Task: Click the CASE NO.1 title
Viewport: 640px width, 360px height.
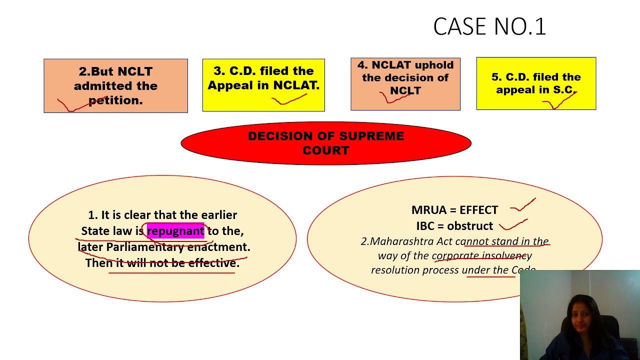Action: pos(489,26)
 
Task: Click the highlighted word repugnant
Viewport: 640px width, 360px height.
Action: pos(175,231)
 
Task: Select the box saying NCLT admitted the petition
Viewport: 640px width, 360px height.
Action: pos(115,85)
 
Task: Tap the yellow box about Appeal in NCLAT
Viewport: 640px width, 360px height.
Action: pos(263,85)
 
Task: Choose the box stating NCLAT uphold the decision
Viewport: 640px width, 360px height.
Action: pos(405,83)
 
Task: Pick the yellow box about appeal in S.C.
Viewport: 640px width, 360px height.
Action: pos(536,83)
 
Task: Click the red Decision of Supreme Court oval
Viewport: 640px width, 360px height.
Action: pos(326,143)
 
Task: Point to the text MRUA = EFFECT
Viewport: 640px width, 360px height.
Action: pos(454,210)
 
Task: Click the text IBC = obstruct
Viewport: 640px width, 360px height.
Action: pos(454,226)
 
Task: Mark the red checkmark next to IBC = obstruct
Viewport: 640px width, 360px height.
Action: pos(513,225)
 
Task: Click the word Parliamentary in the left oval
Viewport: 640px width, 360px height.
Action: pos(145,247)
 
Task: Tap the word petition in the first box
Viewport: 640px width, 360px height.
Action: pos(115,100)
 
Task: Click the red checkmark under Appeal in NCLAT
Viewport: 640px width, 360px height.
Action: pos(289,99)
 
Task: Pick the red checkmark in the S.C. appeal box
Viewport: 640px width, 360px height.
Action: pos(559,101)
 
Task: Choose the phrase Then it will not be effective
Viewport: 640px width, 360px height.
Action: pos(162,263)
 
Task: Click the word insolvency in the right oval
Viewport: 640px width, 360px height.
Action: pos(506,255)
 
